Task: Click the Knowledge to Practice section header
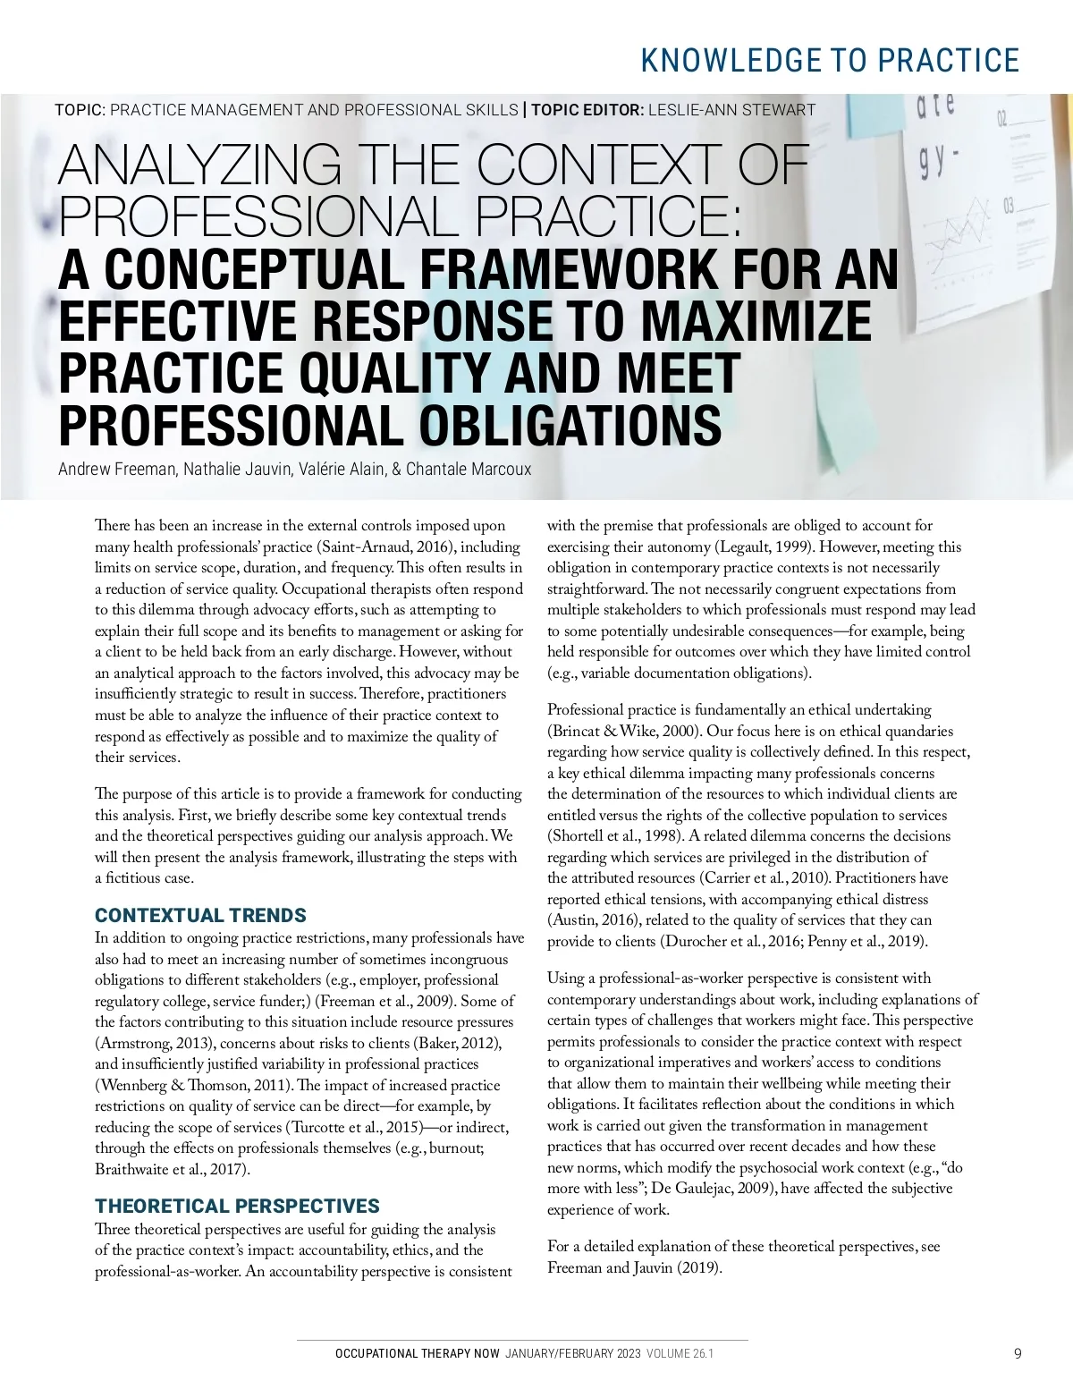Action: point(830,60)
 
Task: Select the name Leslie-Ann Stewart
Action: point(731,110)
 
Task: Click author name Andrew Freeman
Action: point(116,469)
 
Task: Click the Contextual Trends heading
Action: point(200,915)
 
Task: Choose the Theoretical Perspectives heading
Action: point(237,1206)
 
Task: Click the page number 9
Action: point(1018,1353)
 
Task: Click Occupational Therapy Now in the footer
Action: point(417,1353)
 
